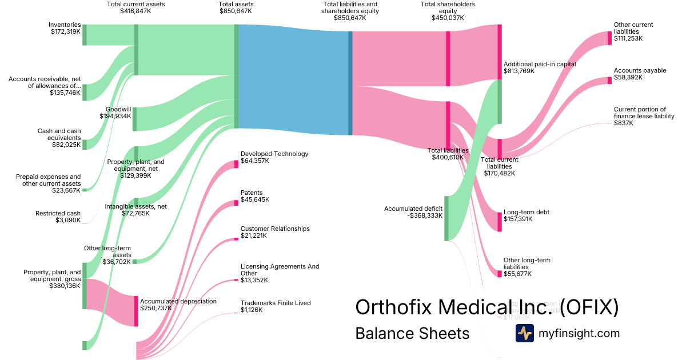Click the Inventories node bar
85,34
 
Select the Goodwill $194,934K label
115,113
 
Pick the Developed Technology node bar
236,164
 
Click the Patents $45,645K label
255,196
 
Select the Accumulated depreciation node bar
136,311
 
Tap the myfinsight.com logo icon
524,333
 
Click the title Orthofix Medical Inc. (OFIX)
486,307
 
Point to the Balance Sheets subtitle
412,333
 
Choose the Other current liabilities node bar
609,38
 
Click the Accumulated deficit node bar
446,218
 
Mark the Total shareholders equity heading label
448,11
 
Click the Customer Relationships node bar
236,239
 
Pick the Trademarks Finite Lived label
275,306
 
